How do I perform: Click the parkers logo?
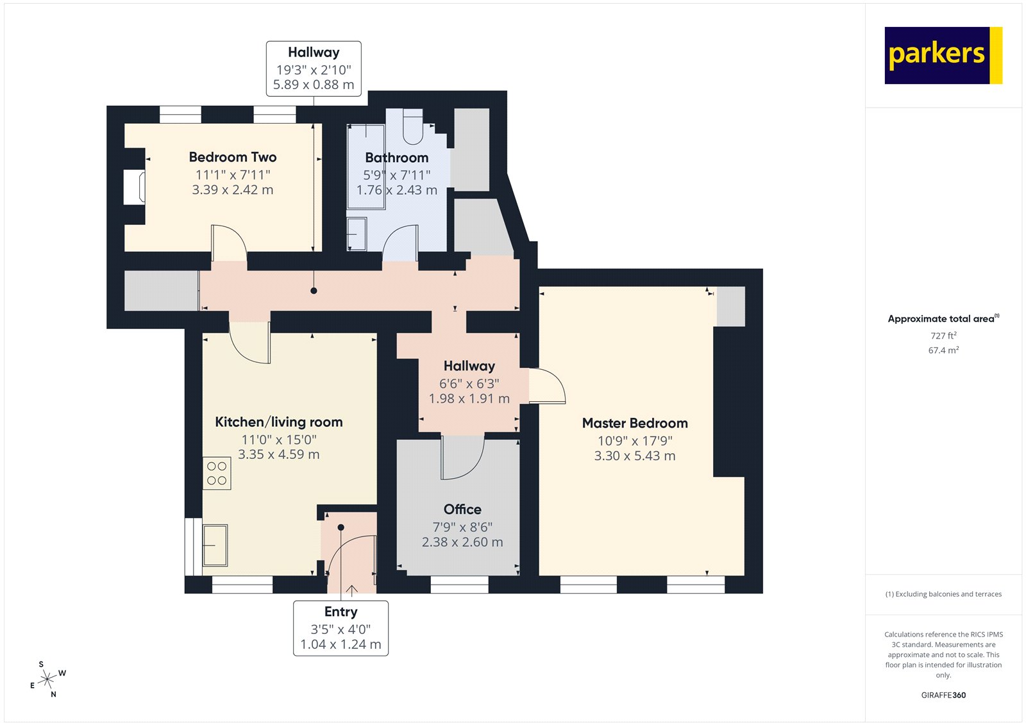(943, 55)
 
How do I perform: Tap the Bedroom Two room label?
(233, 157)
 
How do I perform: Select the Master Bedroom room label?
(635, 423)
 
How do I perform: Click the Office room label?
(462, 510)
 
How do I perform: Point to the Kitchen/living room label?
(279, 422)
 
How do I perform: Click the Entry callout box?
(341, 628)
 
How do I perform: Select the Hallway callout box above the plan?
(314, 69)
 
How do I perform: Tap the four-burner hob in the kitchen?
(217, 474)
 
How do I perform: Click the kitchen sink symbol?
(215, 545)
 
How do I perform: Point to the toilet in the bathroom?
(413, 127)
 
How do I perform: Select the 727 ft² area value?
(943, 336)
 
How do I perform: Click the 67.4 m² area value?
(943, 351)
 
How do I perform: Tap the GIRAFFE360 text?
(943, 695)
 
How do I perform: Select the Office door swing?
(462, 458)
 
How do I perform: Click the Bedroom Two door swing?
(228, 242)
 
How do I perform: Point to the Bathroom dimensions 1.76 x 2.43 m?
(397, 190)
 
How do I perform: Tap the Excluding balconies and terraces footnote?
(943, 594)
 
